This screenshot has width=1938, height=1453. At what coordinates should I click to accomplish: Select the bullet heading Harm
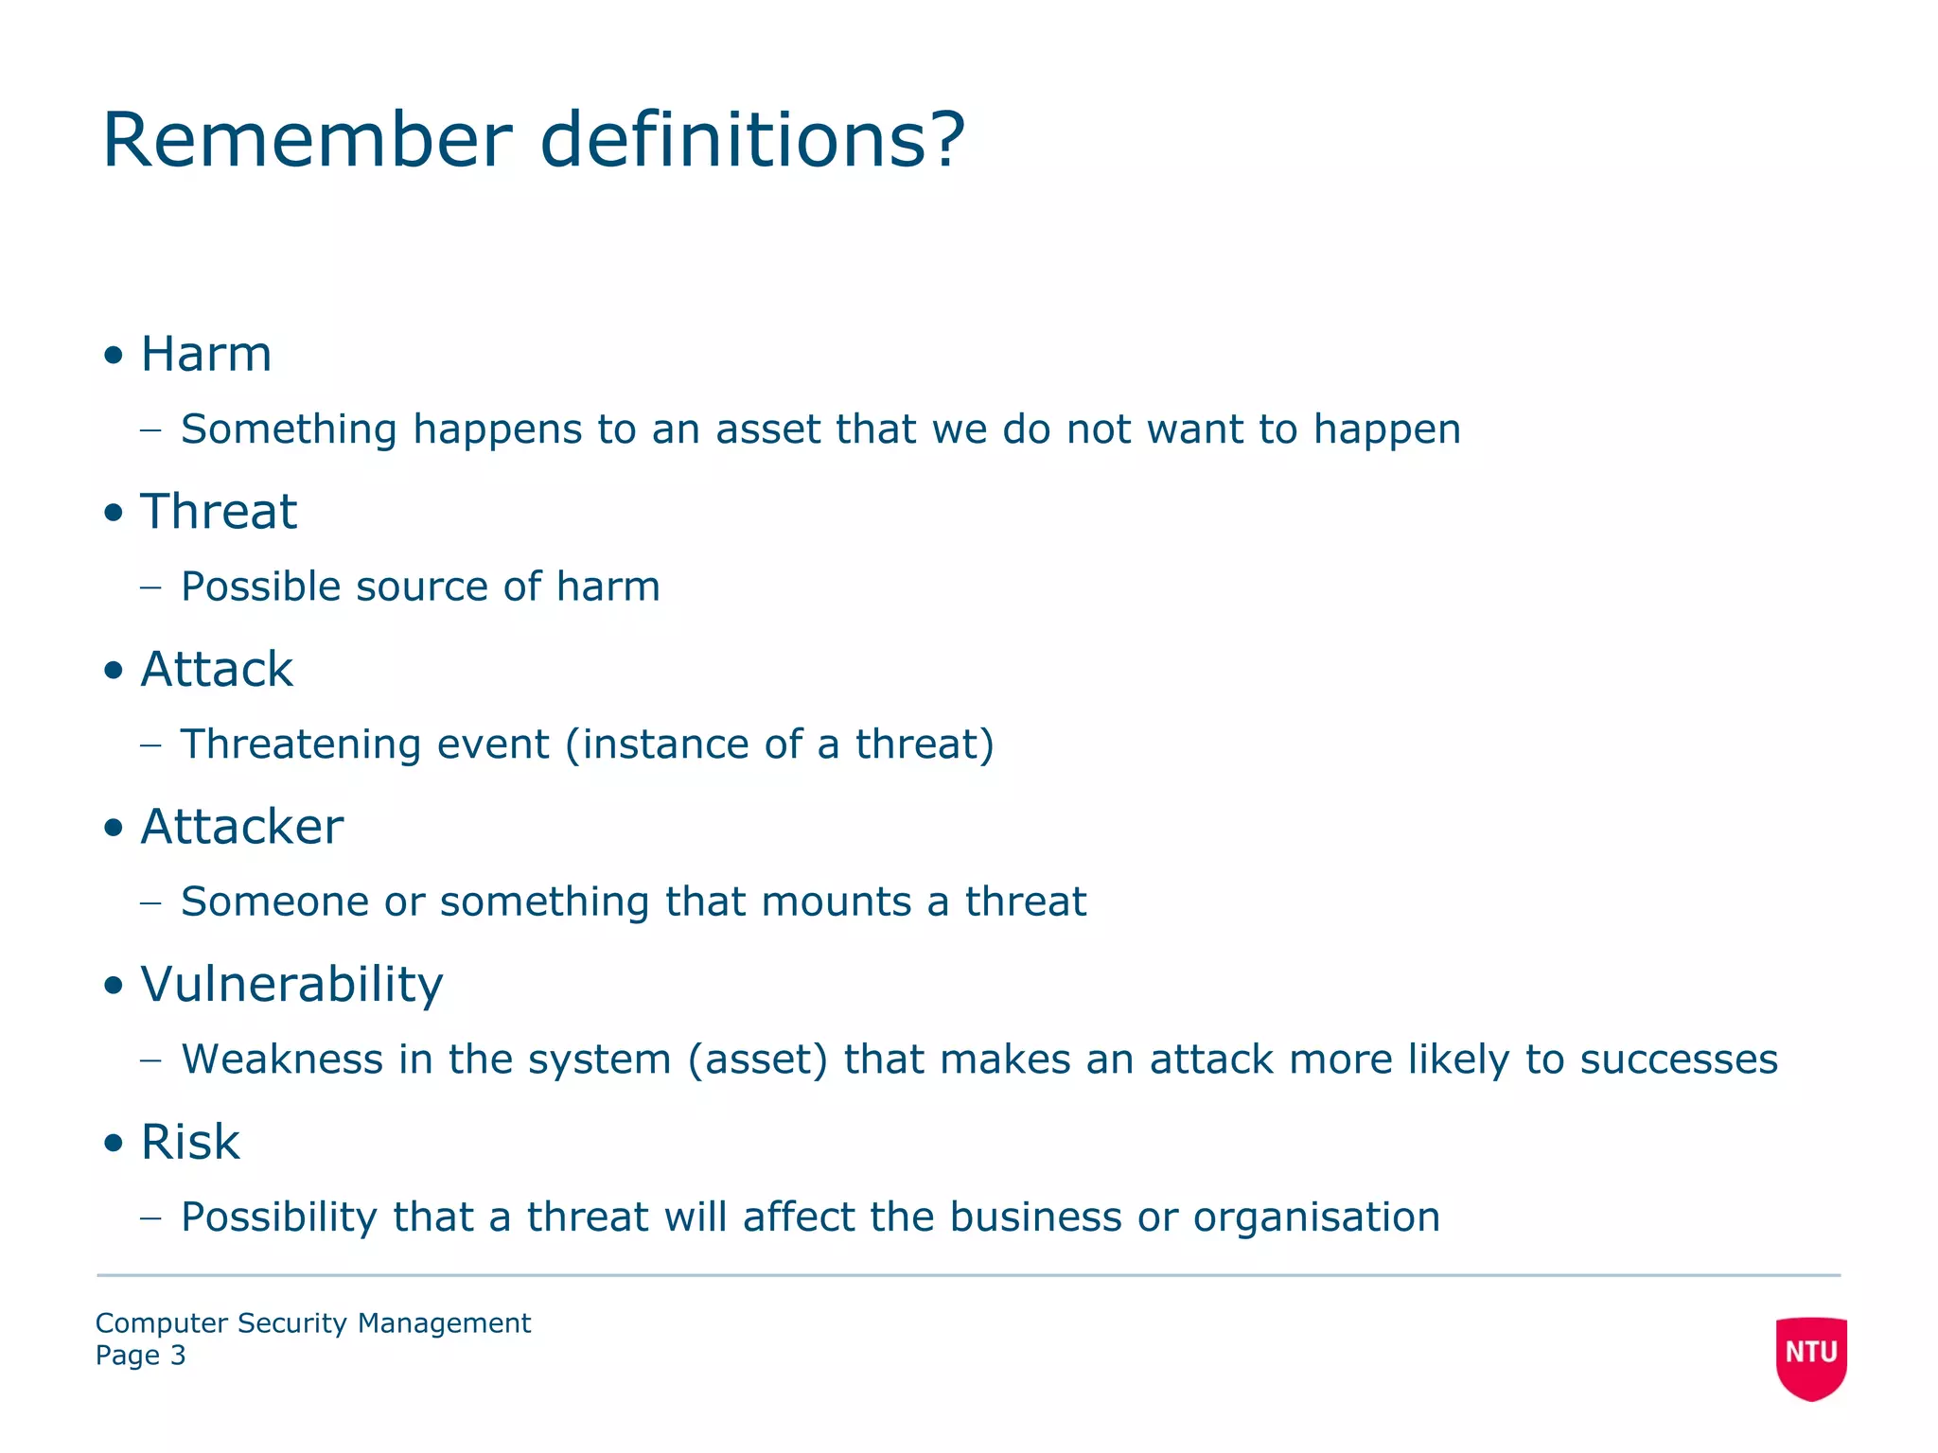[x=206, y=355]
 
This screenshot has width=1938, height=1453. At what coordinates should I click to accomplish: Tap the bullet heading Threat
[x=219, y=512]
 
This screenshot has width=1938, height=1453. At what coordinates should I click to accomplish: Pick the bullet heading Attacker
[x=242, y=827]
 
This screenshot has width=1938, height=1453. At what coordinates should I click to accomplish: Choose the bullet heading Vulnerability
[x=291, y=985]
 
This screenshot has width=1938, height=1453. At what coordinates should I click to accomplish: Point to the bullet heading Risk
[x=190, y=1142]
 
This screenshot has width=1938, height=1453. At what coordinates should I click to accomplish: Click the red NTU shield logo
[x=1811, y=1357]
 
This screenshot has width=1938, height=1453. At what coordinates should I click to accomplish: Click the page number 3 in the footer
[x=178, y=1356]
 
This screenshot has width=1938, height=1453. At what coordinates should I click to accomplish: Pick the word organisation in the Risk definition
[x=1316, y=1217]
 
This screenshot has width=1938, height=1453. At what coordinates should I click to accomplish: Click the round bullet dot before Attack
[x=115, y=671]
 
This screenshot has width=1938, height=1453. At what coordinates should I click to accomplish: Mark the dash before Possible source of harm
[x=150, y=587]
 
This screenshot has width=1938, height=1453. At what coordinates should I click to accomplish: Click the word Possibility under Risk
[x=279, y=1217]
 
